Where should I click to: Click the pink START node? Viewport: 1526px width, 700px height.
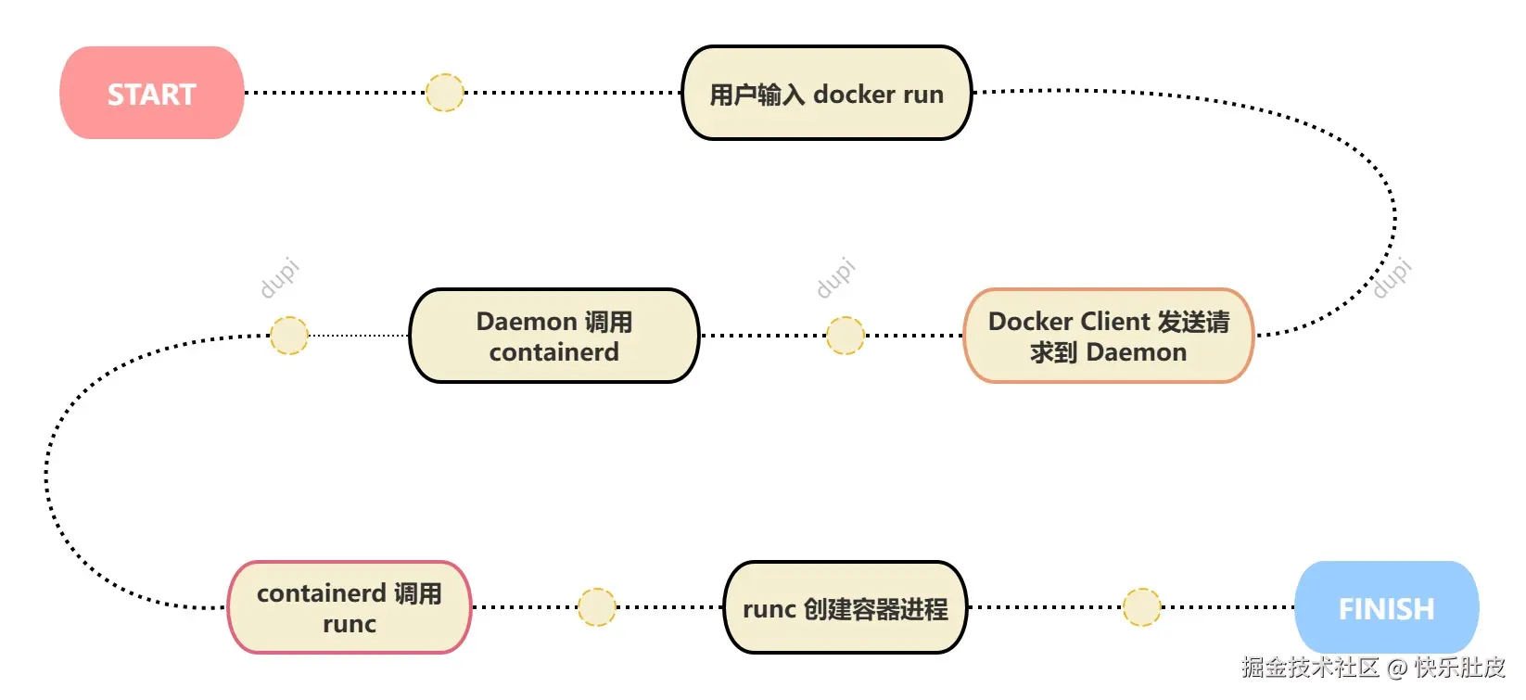(152, 94)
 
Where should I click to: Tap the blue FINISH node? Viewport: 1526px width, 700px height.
(1386, 608)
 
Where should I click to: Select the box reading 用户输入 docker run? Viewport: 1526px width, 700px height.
(826, 94)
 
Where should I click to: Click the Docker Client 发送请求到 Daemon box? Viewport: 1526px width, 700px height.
(1109, 336)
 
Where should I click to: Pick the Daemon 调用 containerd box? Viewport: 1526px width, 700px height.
(553, 336)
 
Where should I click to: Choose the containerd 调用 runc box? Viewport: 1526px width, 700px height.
(350, 608)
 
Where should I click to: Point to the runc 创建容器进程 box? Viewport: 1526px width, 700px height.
(845, 608)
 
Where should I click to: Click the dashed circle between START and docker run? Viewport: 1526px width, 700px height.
(444, 93)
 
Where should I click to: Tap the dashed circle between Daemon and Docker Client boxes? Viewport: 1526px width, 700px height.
(845, 336)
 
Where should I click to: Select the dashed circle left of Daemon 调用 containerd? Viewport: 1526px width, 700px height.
(288, 336)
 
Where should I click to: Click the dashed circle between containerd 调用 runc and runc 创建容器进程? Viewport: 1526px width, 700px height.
(596, 607)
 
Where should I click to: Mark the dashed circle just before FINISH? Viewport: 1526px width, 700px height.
(1141, 607)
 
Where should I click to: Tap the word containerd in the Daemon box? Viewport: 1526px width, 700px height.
(553, 352)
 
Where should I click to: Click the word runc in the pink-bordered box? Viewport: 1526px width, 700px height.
(350, 624)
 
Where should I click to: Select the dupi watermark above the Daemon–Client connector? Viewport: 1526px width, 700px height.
(835, 278)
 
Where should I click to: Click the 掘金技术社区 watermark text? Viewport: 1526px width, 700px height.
(1310, 668)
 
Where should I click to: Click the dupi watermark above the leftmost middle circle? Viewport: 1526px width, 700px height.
(279, 278)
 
